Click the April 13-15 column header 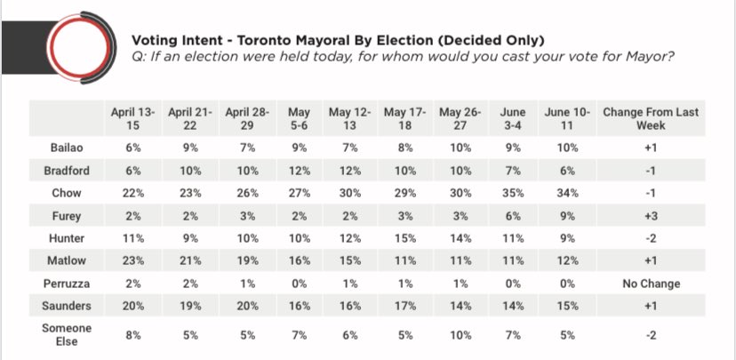(133, 119)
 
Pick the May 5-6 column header (299, 119)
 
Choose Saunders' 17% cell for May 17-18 (406, 307)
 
